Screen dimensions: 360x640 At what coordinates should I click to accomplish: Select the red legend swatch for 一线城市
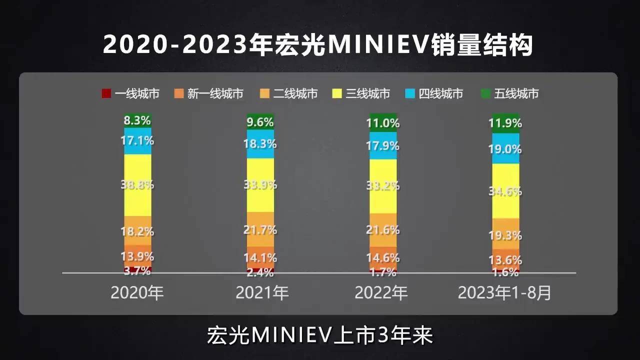(106, 93)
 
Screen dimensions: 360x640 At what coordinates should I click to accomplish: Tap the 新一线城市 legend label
(215, 93)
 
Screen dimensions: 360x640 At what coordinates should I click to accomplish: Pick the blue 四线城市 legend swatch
(410, 93)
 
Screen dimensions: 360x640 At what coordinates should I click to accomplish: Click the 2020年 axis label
(137, 293)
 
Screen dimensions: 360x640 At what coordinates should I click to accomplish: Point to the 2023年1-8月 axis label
(505, 293)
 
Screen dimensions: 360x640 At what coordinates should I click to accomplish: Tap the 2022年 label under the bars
(381, 293)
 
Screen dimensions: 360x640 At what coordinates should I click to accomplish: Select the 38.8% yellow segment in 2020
(137, 184)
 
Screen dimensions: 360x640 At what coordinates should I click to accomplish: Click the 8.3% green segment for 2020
(137, 120)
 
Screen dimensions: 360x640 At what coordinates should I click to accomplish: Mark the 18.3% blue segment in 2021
(260, 144)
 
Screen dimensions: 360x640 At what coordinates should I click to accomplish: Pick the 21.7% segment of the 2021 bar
(260, 230)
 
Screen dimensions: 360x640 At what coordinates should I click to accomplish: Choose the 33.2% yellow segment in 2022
(383, 186)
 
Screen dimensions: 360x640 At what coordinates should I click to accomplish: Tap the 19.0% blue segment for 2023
(506, 149)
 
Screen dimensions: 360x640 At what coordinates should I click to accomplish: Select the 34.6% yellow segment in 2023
(506, 191)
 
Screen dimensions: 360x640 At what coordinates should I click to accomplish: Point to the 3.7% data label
(137, 271)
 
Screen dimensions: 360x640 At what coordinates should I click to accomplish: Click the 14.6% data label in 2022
(383, 258)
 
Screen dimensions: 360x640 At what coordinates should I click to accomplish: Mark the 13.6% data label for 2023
(506, 260)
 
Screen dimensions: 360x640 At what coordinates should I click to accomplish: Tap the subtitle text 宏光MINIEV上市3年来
(319, 335)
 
